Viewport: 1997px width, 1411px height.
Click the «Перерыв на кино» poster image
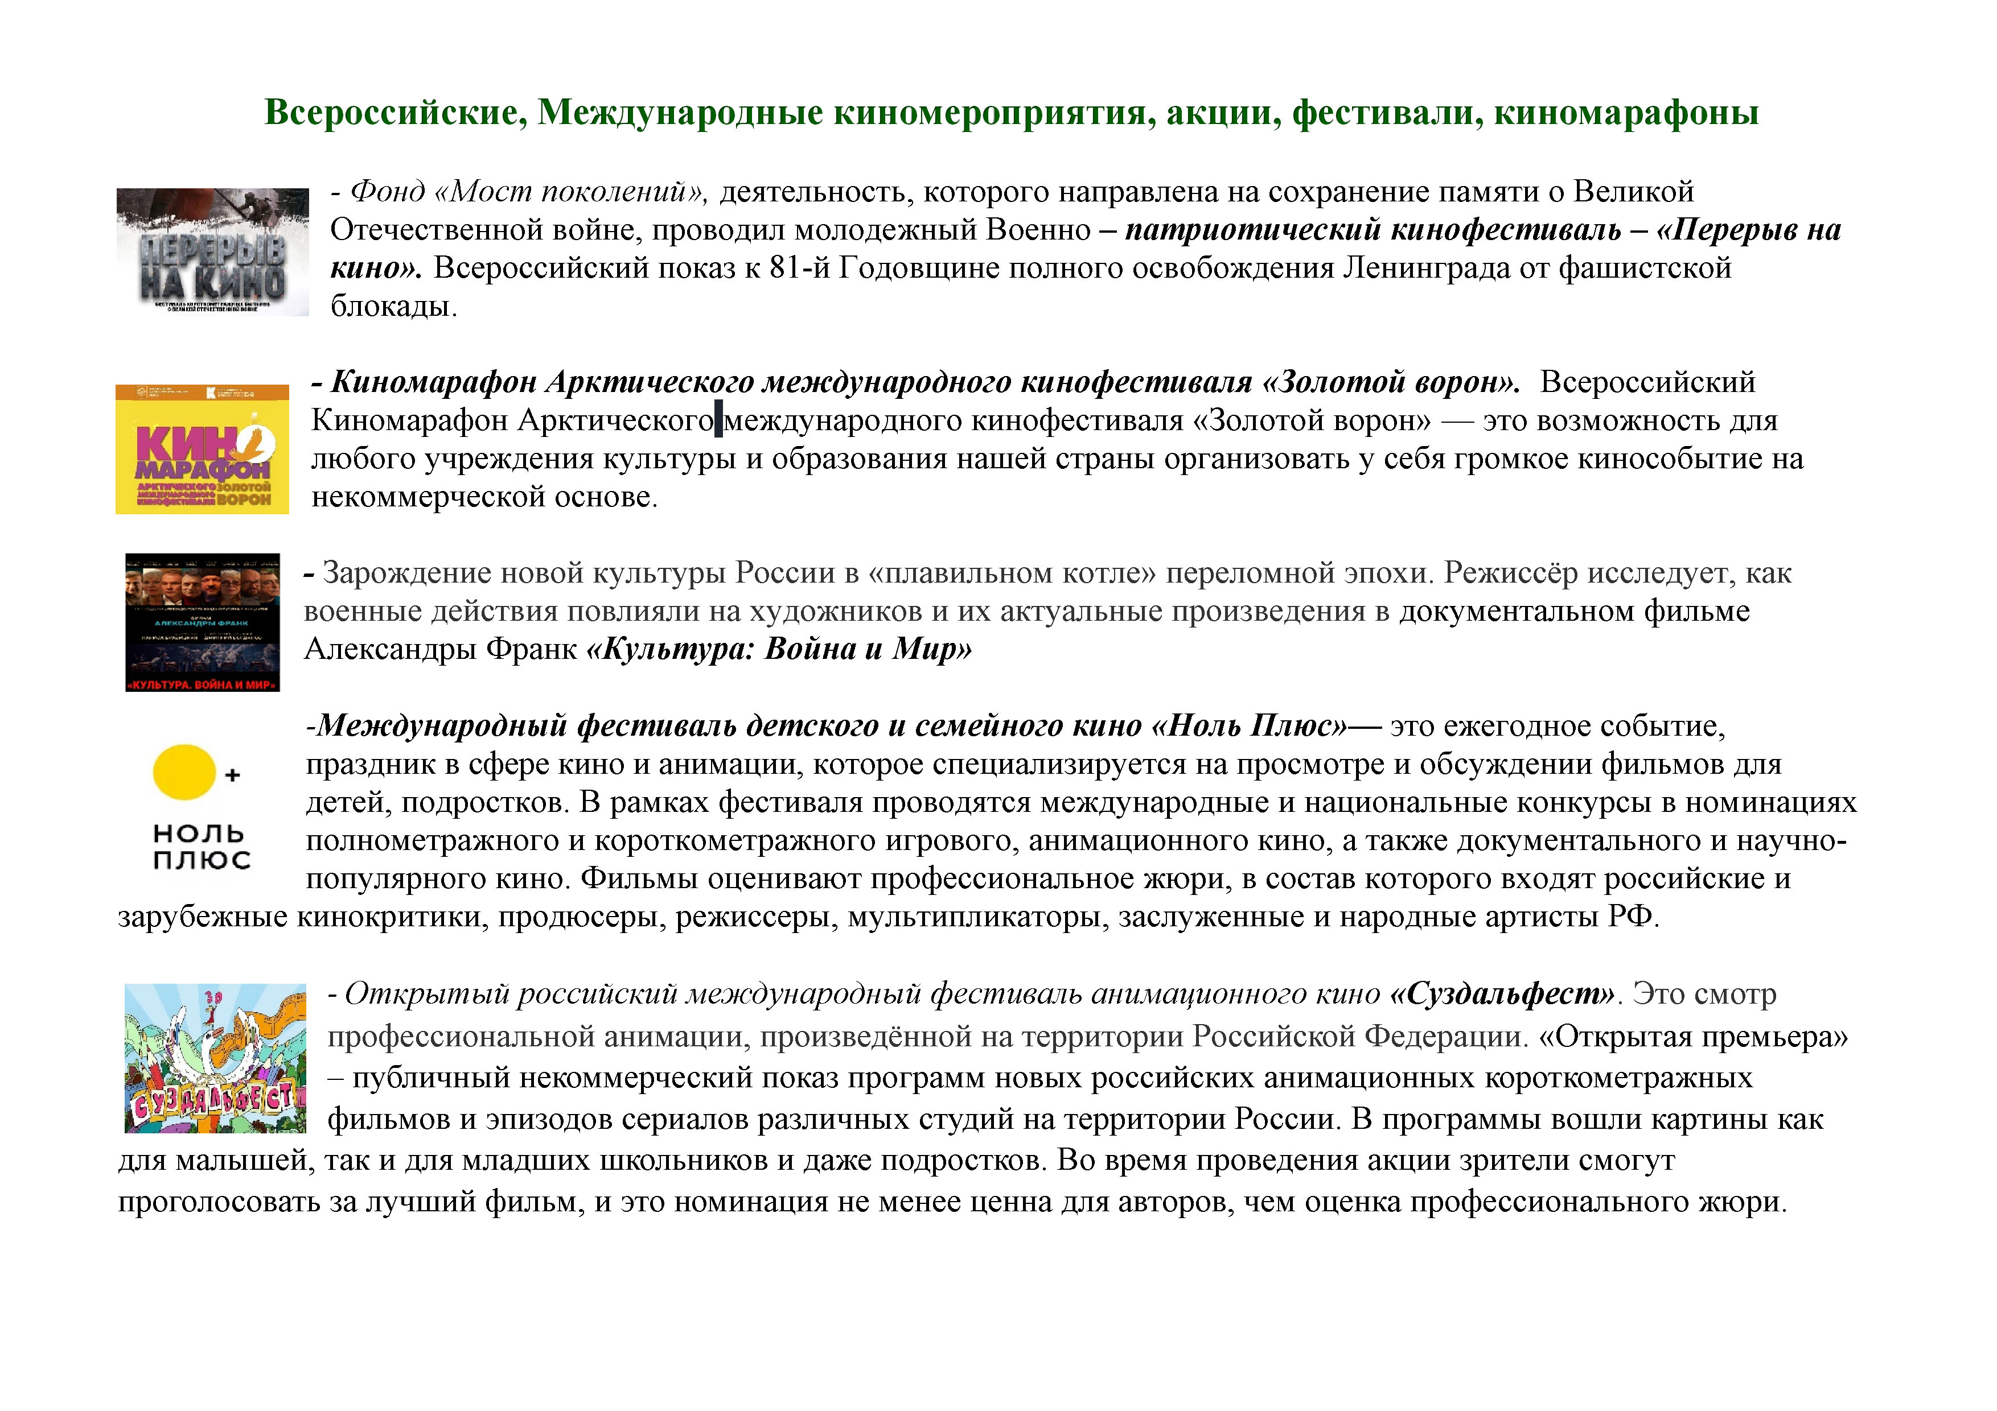tap(212, 251)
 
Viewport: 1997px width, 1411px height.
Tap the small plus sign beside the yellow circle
tap(232, 774)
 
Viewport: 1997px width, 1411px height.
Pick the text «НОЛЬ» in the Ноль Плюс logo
tap(198, 834)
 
